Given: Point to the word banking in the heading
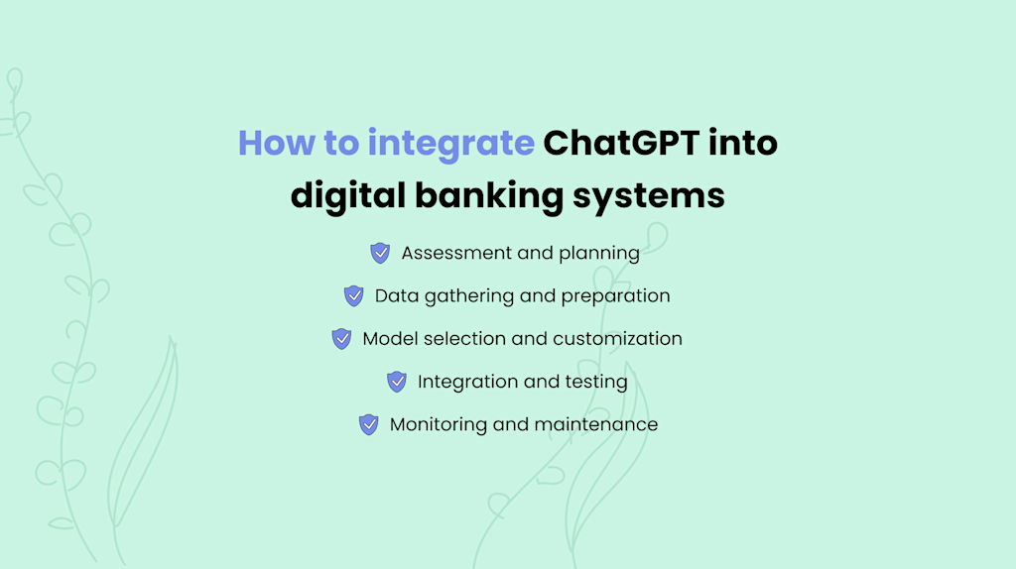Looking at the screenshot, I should point(486,195).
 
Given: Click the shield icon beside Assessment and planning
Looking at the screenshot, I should point(380,253).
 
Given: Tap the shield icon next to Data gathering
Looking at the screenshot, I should point(354,295).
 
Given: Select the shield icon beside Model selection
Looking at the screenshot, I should point(341,338).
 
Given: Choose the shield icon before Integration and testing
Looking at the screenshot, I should point(397,381).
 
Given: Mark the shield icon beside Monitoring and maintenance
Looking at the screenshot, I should point(369,424).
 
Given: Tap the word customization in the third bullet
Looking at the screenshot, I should point(617,339).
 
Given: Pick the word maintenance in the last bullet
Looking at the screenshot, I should point(595,424).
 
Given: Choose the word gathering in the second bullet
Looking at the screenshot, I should point(466,296).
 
